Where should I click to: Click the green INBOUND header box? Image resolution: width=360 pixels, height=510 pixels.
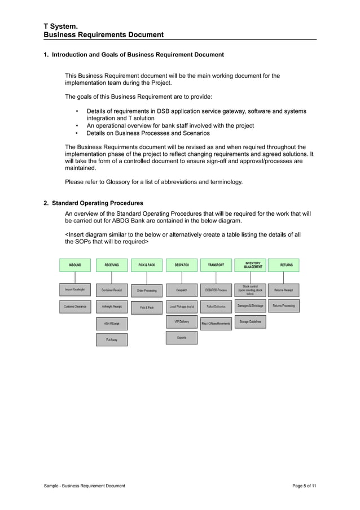click(75, 265)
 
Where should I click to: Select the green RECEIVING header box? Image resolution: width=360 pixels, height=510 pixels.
click(112, 265)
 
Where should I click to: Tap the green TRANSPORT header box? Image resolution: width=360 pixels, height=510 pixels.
click(216, 265)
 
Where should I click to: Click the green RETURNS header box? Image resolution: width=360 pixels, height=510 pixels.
click(284, 265)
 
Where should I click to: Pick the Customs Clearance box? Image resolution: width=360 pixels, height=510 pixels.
click(75, 307)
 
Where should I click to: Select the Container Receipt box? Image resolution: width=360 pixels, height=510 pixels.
click(112, 290)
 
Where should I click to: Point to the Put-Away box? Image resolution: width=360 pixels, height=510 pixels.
click(112, 340)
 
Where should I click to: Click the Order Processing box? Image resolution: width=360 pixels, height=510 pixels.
click(147, 291)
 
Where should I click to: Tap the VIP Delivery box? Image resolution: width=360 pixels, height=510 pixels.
click(182, 322)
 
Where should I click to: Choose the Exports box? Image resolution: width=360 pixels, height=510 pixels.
click(182, 338)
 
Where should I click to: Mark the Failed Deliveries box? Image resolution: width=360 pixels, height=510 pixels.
click(216, 307)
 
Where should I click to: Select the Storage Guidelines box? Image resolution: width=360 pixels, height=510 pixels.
click(249, 322)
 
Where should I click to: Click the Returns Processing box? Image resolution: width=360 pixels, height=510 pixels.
click(284, 306)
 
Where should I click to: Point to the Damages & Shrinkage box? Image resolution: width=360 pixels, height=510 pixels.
click(249, 306)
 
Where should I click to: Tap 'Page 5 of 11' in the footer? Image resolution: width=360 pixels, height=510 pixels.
click(305, 486)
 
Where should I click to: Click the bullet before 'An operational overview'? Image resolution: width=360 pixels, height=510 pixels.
click(77, 126)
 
